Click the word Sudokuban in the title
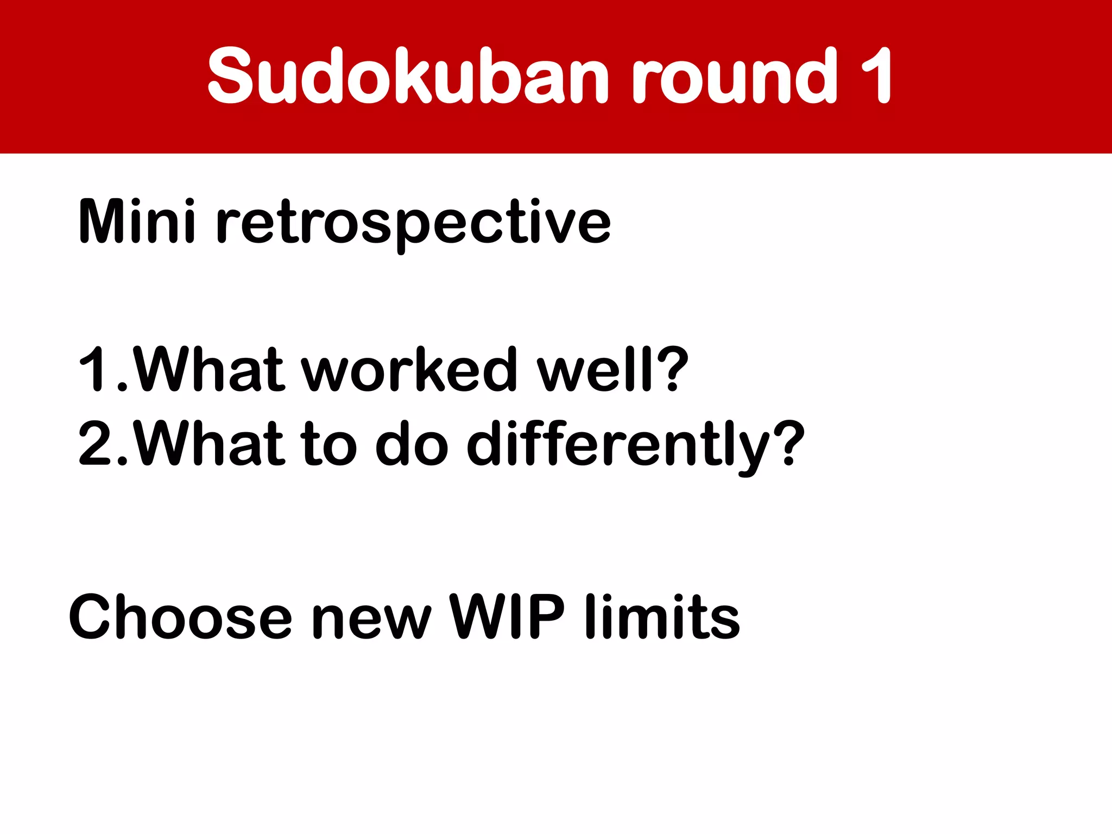(407, 76)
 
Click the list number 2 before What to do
(95, 444)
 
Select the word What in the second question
(209, 444)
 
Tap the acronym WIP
(508, 617)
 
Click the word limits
(662, 617)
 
